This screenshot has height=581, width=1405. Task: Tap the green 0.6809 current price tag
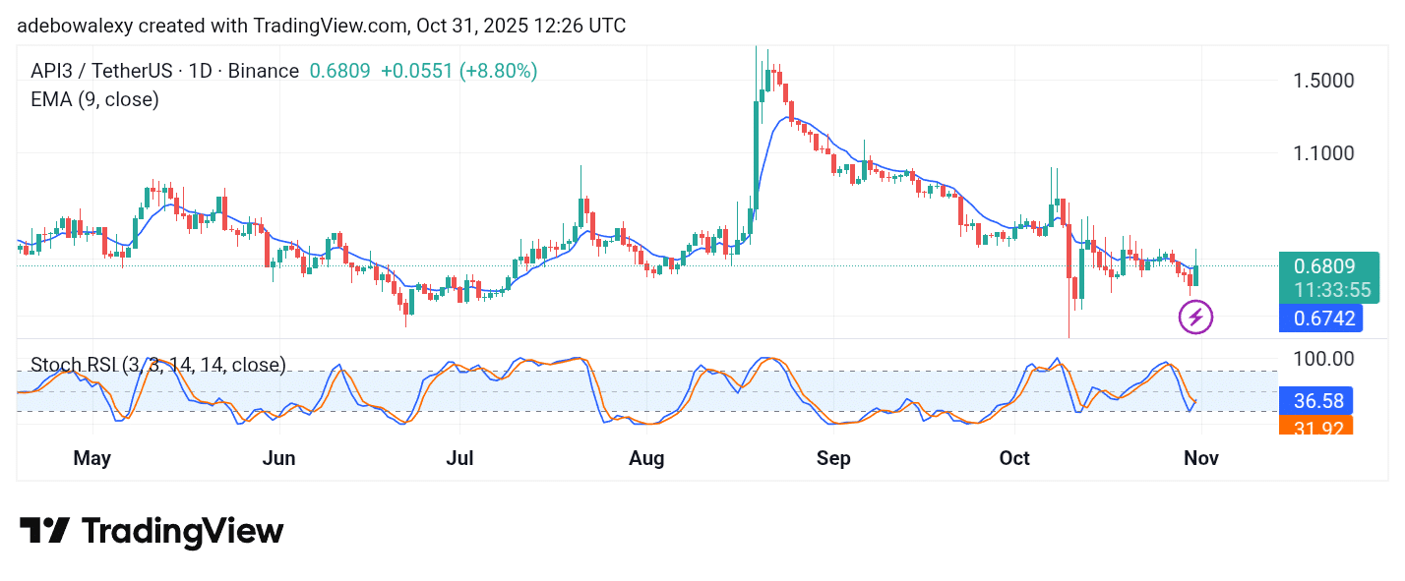[1324, 266]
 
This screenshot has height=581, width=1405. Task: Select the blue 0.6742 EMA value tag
[1324, 319]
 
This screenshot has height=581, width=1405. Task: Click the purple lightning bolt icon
[1195, 317]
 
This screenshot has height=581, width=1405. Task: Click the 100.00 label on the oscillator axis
[1323, 360]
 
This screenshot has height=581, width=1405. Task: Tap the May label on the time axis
[92, 459]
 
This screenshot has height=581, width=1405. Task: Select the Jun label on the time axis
[279, 459]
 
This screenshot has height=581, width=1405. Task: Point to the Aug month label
[646, 459]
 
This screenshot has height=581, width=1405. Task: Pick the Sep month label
[832, 459]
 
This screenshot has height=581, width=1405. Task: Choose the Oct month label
[1013, 459]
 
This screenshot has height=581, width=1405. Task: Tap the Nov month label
[1200, 459]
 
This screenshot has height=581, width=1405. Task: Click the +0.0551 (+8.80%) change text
[458, 71]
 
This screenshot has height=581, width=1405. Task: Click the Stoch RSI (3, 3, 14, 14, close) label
[158, 366]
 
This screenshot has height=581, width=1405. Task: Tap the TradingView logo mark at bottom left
[44, 531]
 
